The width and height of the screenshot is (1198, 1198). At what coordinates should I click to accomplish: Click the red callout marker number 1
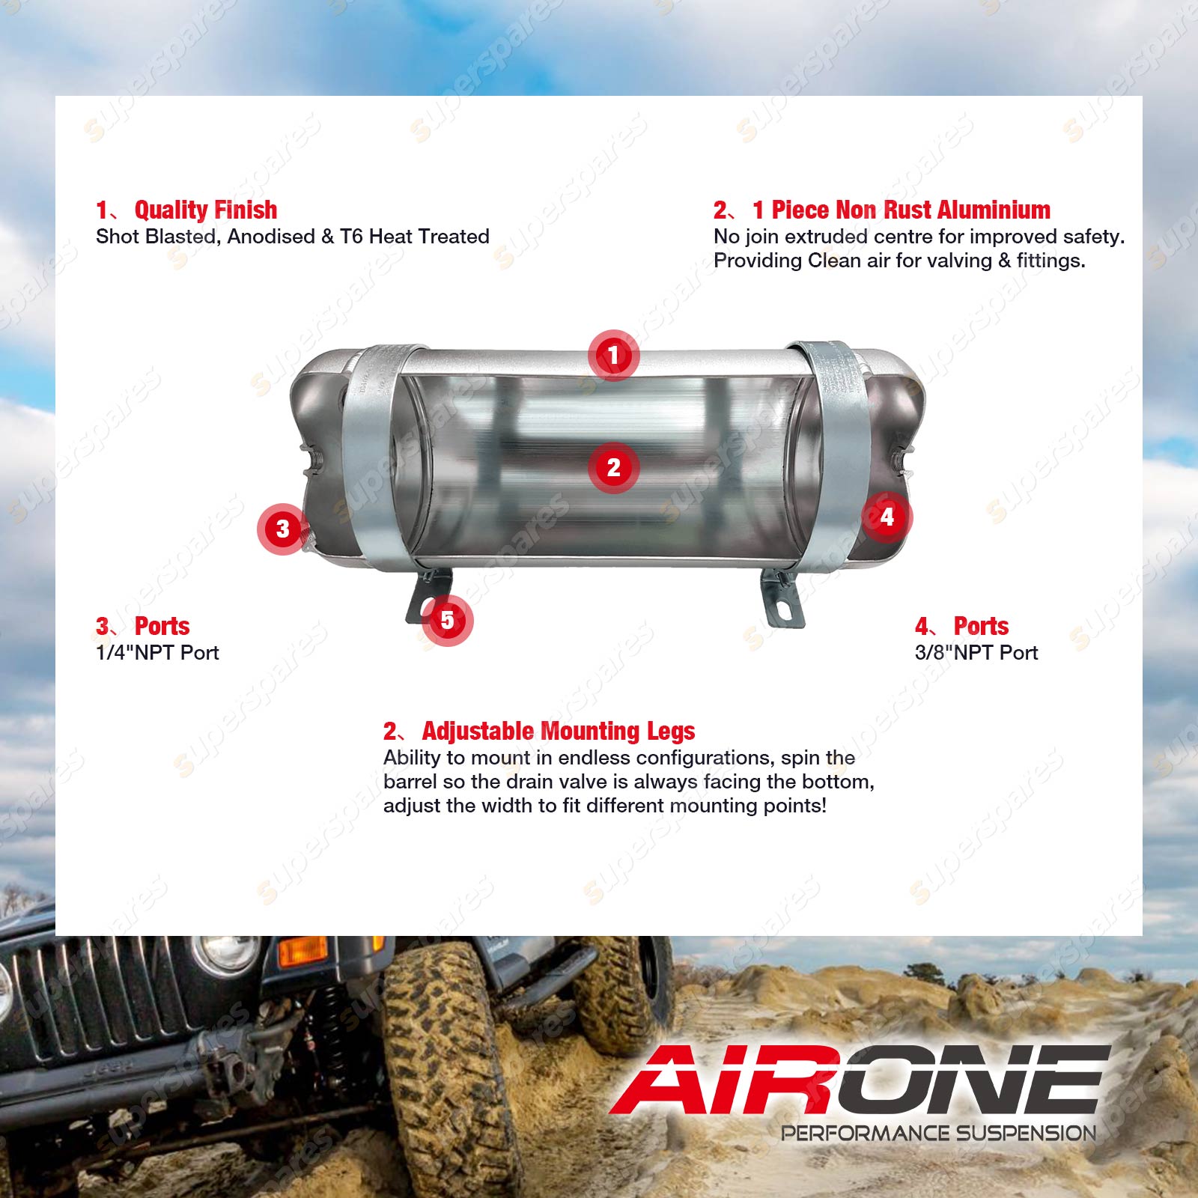[613, 355]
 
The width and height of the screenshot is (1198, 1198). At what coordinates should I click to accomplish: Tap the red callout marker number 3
[282, 529]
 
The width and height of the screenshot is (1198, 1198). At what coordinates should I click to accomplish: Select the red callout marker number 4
[887, 517]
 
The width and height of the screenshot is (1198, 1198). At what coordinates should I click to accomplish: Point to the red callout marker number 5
[447, 620]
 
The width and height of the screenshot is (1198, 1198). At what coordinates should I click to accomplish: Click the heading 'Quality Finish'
[206, 210]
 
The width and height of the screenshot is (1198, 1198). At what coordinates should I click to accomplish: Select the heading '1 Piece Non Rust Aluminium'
[901, 210]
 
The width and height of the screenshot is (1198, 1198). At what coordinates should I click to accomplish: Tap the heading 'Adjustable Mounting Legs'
[559, 731]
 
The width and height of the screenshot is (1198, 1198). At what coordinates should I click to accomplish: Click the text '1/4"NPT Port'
[157, 653]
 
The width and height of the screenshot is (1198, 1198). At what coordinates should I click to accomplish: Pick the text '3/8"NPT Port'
[976, 653]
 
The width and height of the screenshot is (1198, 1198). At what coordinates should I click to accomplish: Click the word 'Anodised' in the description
[271, 237]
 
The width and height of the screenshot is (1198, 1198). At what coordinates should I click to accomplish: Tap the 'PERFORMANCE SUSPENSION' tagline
[939, 1133]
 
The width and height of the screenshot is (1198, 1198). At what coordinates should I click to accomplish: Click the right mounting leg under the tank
[782, 598]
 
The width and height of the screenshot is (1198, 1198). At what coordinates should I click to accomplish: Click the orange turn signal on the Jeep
[303, 950]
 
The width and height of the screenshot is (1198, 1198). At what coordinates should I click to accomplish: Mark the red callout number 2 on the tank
[613, 467]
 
